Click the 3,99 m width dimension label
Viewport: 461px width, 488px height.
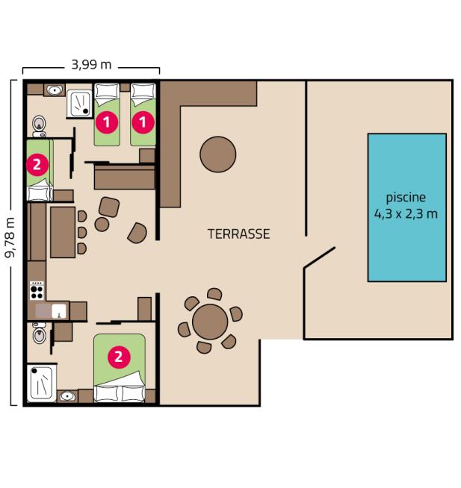click(91, 65)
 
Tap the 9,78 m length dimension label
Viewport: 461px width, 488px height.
click(10, 237)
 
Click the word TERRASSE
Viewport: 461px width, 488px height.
click(238, 234)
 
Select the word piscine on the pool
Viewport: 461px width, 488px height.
click(406, 198)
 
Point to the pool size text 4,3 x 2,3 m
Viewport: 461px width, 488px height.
click(406, 213)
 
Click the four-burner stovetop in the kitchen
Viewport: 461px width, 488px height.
click(37, 289)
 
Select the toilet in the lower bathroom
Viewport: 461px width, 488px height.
click(40, 336)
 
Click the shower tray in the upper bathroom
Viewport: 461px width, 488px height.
click(78, 104)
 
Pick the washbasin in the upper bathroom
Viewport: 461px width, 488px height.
click(54, 90)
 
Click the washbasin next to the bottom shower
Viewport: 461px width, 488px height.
click(68, 396)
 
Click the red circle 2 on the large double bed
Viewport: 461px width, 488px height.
click(117, 357)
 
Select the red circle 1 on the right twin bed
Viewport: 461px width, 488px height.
click(143, 119)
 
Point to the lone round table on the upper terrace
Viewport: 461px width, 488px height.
click(218, 154)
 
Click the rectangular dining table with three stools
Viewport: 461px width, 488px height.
click(63, 231)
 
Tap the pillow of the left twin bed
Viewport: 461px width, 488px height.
click(107, 92)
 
